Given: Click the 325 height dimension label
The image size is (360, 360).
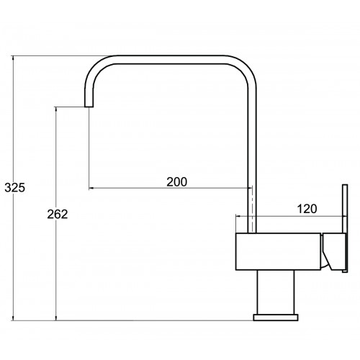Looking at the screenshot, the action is point(15,188).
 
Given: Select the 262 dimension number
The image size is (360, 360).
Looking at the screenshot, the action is point(58,214).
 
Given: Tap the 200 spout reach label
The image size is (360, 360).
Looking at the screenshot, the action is point(177,182).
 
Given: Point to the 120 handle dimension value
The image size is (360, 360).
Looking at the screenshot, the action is point(307,209).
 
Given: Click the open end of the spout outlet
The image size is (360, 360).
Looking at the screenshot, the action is point(89,107).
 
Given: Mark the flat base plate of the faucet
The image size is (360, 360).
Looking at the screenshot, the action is point(276,318).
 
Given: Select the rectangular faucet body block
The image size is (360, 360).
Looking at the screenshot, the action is point(278,251).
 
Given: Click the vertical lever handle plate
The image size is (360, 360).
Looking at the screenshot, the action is point(345,228).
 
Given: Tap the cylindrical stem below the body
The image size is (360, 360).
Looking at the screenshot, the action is point(276,292).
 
